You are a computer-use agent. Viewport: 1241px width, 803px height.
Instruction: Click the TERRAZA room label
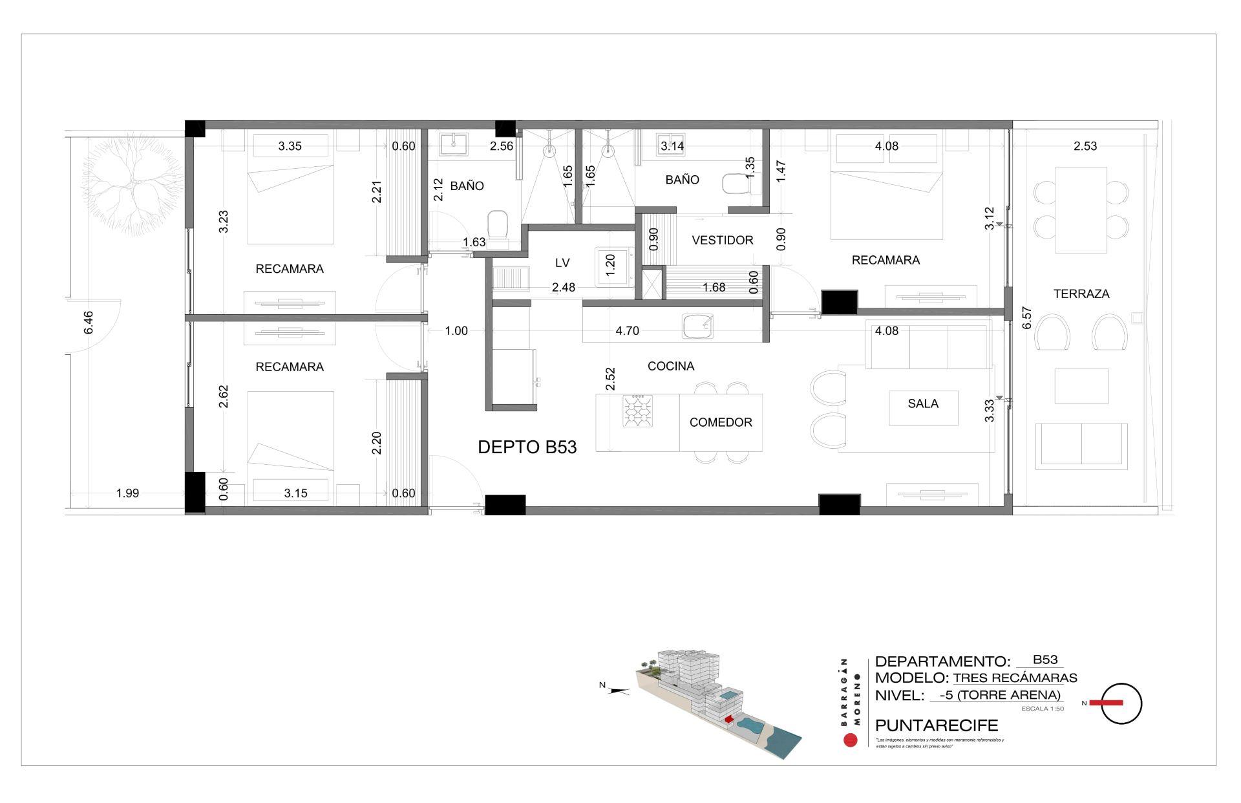1081,294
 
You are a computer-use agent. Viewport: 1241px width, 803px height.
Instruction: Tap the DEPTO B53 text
527,447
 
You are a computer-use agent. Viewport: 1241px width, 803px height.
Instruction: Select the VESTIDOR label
722,240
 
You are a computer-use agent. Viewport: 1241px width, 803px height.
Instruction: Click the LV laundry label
562,263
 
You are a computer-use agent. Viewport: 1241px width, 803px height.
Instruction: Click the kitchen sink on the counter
697,327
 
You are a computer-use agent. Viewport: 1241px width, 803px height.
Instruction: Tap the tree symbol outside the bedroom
130,186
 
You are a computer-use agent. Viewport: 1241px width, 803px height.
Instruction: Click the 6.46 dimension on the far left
89,323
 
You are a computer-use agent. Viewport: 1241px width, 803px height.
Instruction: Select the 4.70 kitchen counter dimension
627,331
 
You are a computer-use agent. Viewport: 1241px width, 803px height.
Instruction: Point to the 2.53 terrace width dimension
1085,146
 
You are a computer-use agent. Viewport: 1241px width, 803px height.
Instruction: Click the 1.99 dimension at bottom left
127,493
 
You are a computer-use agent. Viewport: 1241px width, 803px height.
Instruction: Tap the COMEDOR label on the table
720,422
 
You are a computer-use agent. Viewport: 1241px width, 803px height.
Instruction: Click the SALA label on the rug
922,403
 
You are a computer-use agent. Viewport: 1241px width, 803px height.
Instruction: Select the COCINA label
670,366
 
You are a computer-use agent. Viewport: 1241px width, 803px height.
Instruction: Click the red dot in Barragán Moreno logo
851,740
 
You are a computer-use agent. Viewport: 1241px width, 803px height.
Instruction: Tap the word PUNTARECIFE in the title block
936,725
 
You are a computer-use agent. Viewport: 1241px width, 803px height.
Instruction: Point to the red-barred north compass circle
1121,703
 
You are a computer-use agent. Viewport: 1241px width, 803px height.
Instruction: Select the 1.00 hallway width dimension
456,331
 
